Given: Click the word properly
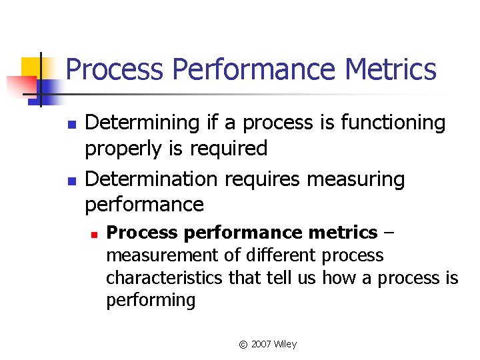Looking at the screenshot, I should [x=126, y=148].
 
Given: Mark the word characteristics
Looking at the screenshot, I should [x=165, y=277].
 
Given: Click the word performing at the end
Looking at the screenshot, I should [x=151, y=300].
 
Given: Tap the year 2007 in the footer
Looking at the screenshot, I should [x=261, y=344].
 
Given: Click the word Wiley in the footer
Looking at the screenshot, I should [x=285, y=344].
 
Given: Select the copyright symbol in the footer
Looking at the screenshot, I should [x=243, y=344].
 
